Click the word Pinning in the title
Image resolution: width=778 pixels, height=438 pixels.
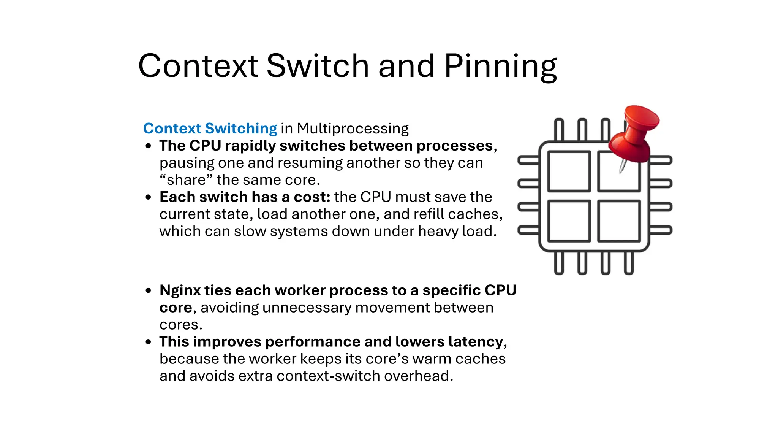click(x=500, y=67)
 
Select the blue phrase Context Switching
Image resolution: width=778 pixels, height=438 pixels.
click(x=210, y=129)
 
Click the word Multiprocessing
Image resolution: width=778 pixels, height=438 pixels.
click(x=353, y=129)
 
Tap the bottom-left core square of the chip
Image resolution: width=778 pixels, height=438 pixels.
click(x=569, y=221)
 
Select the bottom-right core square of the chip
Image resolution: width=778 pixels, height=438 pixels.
click(x=619, y=221)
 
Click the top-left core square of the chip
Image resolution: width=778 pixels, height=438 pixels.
click(x=569, y=171)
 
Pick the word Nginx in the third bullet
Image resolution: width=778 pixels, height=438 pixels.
click(x=180, y=290)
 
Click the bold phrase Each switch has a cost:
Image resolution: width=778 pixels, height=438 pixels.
click(x=245, y=197)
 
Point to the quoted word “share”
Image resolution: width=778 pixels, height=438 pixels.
click(x=186, y=180)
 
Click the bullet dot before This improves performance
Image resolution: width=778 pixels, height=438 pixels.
click(x=149, y=342)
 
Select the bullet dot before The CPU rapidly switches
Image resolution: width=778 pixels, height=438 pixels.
click(x=149, y=146)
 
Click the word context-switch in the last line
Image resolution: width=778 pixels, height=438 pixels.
click(x=329, y=376)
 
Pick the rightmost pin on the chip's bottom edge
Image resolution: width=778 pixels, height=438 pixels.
click(x=629, y=263)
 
